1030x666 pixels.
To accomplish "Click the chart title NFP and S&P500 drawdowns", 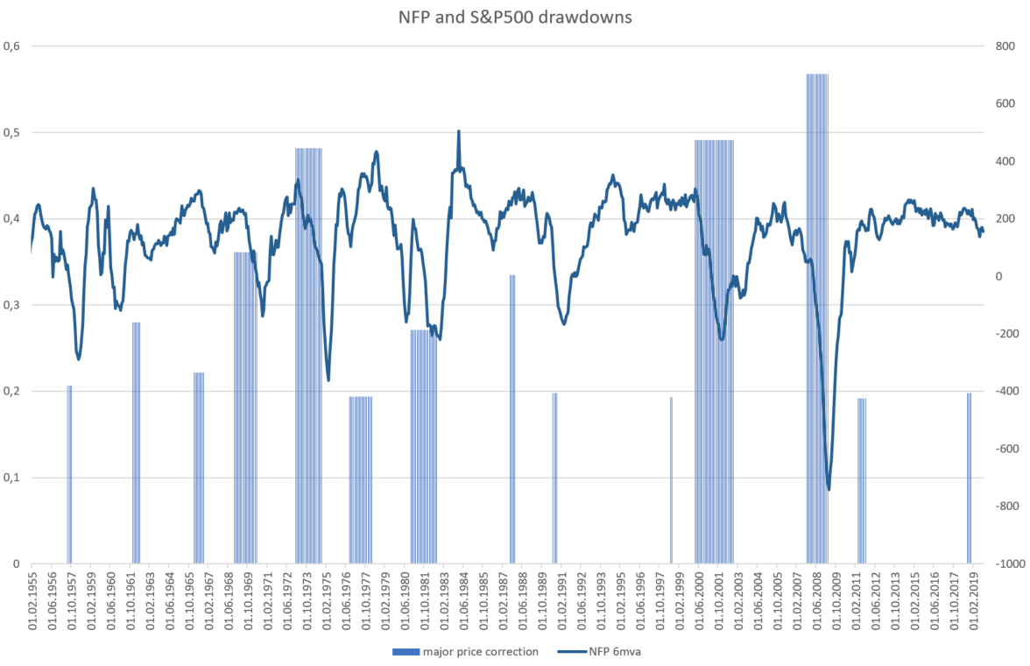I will pyautogui.click(x=514, y=16).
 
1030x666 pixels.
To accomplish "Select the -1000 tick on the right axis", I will pyautogui.click(x=1001, y=563).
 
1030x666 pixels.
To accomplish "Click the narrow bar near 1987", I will pyautogui.click(x=512, y=421).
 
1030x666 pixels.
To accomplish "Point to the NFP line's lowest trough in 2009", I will pyautogui.click(x=828, y=490).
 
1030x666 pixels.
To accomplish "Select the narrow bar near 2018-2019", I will pyautogui.click(x=969, y=478).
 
